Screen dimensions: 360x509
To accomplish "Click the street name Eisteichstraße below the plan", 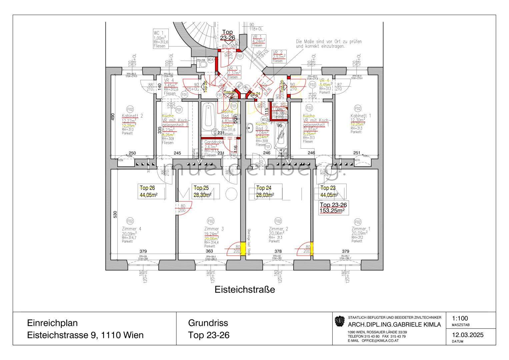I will [245, 289].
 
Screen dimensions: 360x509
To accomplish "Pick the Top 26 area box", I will [151, 191].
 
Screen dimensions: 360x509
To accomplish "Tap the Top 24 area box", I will [268, 191].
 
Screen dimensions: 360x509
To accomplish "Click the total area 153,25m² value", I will [332, 211].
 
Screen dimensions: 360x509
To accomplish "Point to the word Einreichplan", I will [52, 323].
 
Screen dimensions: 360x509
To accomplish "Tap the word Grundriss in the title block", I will [208, 323].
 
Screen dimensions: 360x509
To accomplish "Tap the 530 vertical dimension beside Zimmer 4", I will [115, 214].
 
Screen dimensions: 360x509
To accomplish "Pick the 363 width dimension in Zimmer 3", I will [209, 251].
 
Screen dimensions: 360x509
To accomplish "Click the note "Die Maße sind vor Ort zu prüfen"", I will [328, 42].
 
